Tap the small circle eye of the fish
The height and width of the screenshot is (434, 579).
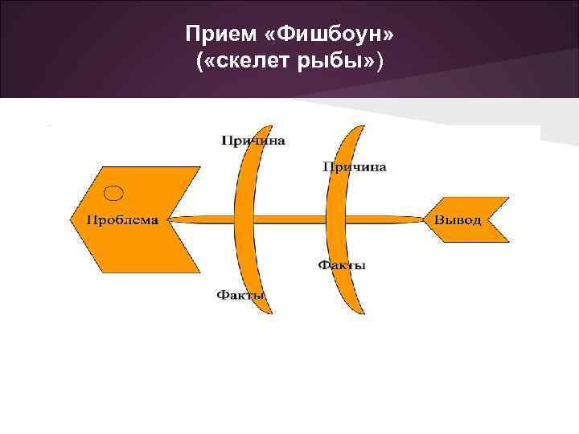115,192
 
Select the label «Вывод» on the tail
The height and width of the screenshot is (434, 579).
459,219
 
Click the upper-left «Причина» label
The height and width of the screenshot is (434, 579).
253,140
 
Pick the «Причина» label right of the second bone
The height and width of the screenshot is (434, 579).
355,167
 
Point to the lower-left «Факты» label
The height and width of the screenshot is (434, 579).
240,296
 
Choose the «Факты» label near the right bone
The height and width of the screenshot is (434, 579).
342,265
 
